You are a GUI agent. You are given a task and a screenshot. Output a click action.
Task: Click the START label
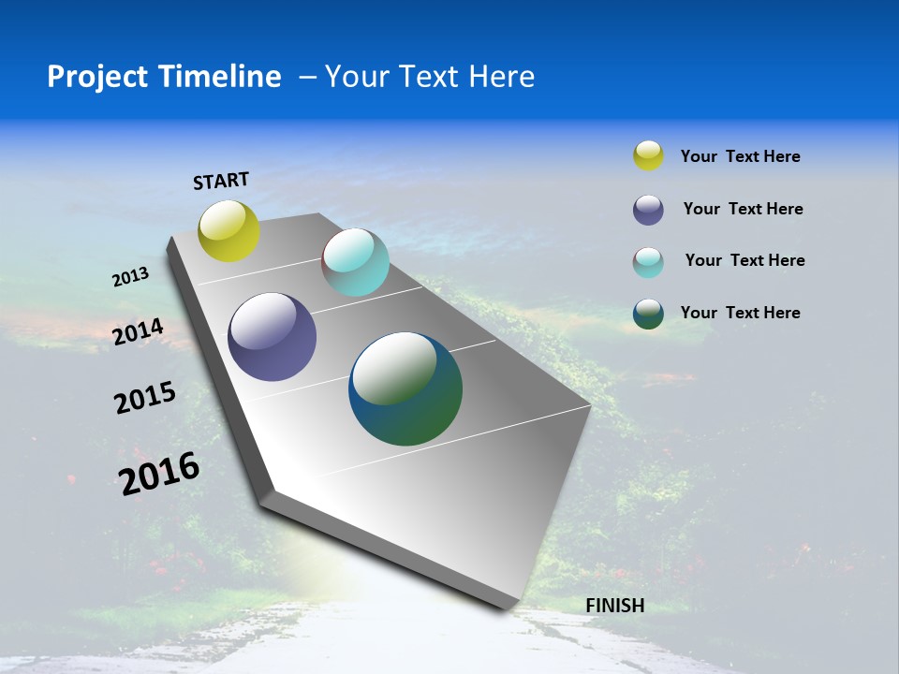[221, 181]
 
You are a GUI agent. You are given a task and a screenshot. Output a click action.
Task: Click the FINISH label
[614, 606]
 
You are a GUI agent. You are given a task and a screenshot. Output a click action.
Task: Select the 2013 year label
[131, 277]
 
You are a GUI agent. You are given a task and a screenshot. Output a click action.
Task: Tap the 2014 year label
[139, 331]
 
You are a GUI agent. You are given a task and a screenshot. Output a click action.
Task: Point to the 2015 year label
[145, 398]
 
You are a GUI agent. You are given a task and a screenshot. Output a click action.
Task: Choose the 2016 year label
[160, 473]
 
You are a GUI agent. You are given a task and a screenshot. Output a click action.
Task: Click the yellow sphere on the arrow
[229, 231]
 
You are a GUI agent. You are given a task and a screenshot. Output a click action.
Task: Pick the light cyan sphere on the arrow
[355, 262]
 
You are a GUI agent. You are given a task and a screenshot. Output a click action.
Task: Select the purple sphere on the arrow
[273, 337]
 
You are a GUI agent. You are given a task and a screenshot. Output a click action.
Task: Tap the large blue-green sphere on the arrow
[405, 388]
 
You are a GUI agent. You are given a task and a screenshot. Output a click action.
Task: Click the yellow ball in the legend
[648, 155]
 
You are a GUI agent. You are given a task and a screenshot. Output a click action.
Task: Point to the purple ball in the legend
[648, 210]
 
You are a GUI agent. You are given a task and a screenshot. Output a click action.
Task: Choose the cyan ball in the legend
[648, 262]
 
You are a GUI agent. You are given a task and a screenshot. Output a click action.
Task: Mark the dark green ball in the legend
[648, 314]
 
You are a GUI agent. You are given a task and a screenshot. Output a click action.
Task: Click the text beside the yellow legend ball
[740, 156]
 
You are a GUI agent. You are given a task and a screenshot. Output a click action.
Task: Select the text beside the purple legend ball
[743, 209]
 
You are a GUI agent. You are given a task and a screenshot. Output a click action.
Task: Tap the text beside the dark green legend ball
[740, 313]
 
